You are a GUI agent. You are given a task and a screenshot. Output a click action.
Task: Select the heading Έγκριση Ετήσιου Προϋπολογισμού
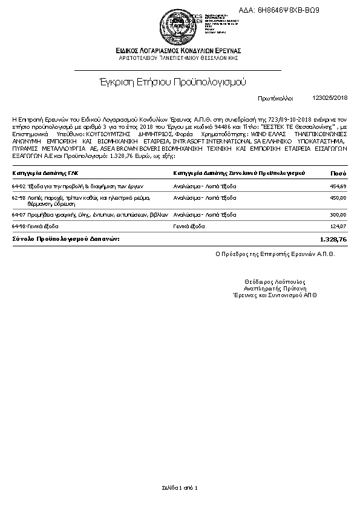178,82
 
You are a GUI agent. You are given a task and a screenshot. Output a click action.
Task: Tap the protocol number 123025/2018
330,97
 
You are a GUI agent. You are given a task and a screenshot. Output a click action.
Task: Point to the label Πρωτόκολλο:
275,97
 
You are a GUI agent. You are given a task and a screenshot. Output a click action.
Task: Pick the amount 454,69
338,186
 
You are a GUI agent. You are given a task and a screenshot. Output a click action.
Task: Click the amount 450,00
338,198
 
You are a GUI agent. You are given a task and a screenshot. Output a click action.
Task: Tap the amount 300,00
338,215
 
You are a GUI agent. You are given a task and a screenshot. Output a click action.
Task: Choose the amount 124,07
338,226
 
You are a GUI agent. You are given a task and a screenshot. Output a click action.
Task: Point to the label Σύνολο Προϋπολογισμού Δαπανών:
66,239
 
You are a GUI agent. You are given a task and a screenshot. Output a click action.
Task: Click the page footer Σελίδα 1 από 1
180,487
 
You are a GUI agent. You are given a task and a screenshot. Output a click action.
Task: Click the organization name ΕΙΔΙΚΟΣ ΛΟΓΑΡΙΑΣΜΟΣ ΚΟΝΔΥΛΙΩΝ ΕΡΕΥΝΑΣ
179,50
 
